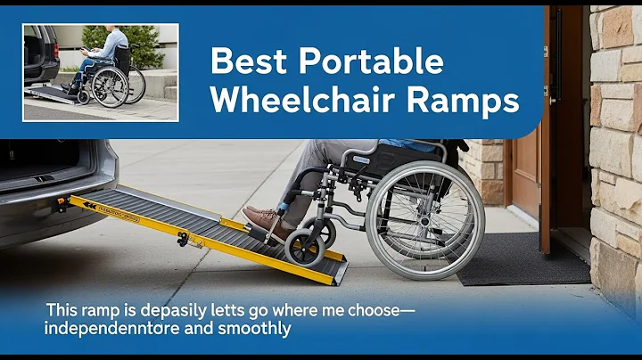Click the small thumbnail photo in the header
point(101,71)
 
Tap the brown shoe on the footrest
point(265,221)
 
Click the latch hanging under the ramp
point(184,239)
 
